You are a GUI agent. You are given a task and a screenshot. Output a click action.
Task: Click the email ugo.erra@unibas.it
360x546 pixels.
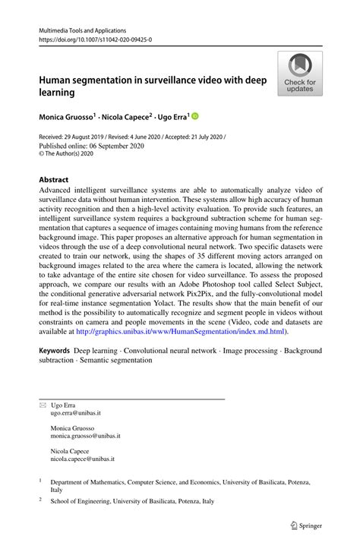pyautogui.click(x=74, y=413)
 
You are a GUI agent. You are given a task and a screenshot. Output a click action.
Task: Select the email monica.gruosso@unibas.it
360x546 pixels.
pyautogui.click(x=85, y=437)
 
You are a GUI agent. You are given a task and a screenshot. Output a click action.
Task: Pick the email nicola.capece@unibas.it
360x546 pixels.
pyautogui.click(x=84, y=459)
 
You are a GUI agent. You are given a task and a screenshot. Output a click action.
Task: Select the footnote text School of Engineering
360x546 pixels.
pyautogui.click(x=83, y=501)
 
